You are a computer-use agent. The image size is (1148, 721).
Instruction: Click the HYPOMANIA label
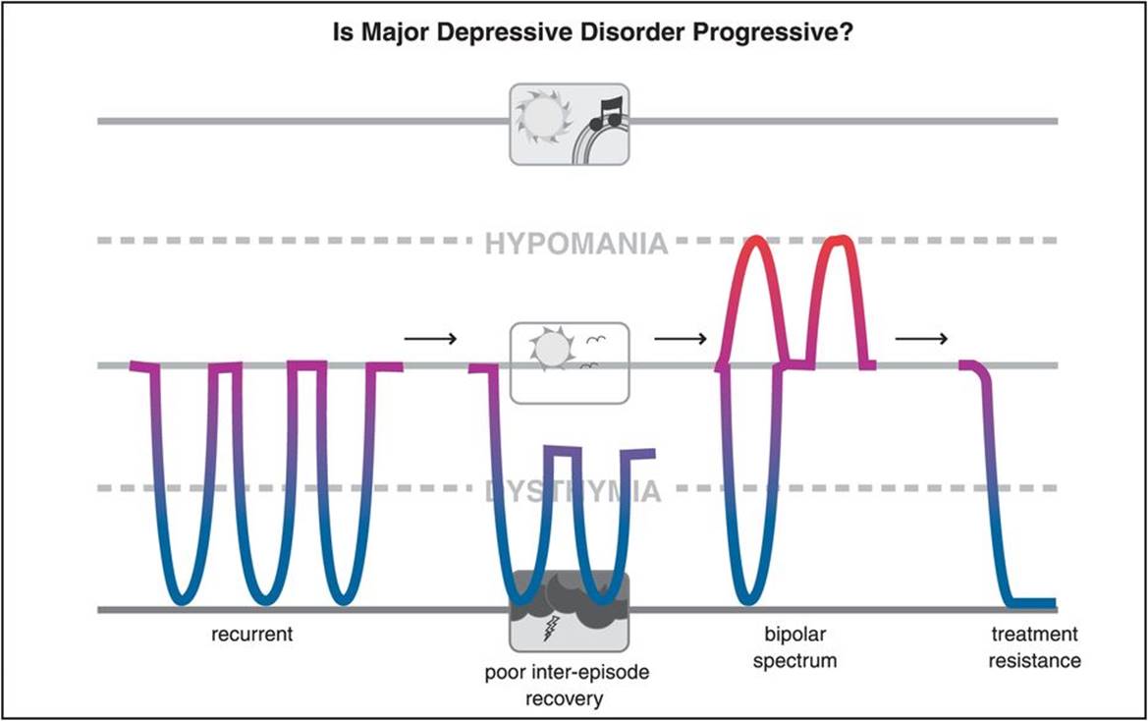575,243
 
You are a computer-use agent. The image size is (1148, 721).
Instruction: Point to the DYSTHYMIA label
574,490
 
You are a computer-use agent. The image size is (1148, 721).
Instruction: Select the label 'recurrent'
252,635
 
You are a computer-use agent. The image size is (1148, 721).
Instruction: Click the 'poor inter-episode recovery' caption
568,686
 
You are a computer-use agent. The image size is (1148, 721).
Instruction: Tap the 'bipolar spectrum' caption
794,647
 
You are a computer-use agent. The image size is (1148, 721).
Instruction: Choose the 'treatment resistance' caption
1035,647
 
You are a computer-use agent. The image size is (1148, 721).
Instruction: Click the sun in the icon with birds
550,348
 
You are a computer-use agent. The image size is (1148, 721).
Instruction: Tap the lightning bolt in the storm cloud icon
553,627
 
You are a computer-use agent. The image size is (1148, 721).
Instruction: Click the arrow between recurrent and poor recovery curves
430,339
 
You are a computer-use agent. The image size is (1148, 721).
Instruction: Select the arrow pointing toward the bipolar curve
680,339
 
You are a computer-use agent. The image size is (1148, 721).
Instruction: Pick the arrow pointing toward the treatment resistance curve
921,339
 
